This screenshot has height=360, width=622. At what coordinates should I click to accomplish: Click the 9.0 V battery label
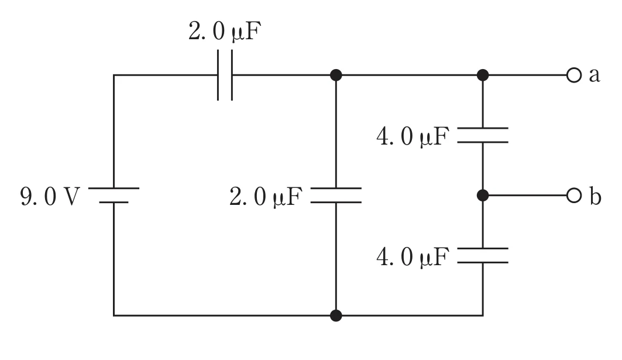(x=50, y=197)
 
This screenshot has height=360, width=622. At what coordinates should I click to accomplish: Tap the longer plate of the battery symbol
(x=114, y=188)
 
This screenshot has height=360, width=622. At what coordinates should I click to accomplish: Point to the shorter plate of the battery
(x=114, y=203)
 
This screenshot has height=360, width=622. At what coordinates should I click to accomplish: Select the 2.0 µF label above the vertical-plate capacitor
(x=225, y=32)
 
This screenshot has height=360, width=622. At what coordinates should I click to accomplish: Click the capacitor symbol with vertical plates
(x=225, y=75)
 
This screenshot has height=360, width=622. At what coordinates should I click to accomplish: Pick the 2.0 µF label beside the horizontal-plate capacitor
(x=266, y=197)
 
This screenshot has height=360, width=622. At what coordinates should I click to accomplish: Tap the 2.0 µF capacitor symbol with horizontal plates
(x=336, y=196)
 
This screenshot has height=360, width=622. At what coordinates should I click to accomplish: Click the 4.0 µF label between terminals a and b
(x=413, y=136)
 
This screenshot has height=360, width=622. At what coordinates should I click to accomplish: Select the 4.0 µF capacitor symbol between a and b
(x=483, y=135)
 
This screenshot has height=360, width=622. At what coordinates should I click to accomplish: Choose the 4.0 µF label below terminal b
(x=413, y=257)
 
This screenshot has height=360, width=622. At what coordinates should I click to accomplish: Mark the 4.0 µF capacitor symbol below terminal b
(x=483, y=256)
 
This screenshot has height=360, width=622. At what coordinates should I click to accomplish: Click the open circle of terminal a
(x=573, y=75)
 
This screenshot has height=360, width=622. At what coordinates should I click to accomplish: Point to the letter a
(x=594, y=75)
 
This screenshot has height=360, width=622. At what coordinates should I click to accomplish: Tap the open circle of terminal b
(x=573, y=196)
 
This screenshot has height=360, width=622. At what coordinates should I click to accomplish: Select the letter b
(x=595, y=196)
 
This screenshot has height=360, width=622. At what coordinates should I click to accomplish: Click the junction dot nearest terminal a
(x=483, y=75)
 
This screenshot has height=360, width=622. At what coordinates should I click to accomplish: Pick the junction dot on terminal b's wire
(x=483, y=196)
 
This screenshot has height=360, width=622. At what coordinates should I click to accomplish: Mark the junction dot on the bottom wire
(x=336, y=316)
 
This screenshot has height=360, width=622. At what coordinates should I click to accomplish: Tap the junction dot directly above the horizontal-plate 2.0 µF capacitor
(x=336, y=75)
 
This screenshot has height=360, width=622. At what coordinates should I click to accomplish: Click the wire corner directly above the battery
(x=114, y=75)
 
